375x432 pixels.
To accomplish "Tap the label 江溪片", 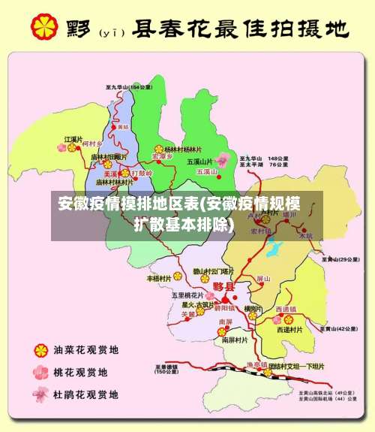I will (x=72, y=140).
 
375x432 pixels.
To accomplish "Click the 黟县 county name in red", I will (x=224, y=287).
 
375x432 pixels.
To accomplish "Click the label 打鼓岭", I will (x=142, y=173).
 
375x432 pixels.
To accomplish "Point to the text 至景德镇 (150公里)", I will (x=166, y=369).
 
